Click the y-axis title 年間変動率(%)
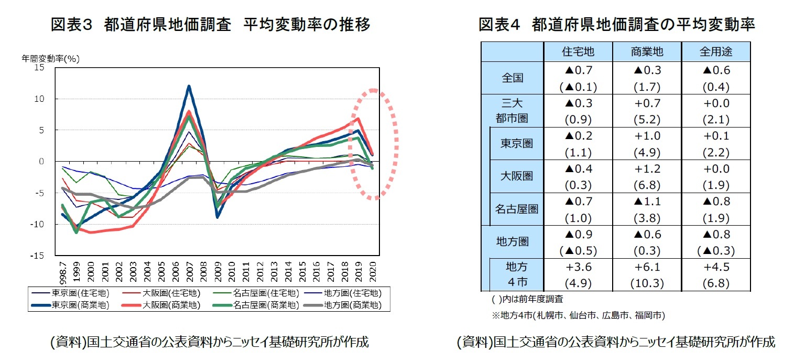click(x=50, y=59)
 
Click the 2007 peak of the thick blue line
click(x=189, y=87)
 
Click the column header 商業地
click(x=647, y=51)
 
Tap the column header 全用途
click(x=715, y=51)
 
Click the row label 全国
click(x=512, y=78)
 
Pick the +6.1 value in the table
click(x=647, y=267)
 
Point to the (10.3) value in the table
click(x=647, y=284)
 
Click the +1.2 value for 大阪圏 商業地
click(x=647, y=169)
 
